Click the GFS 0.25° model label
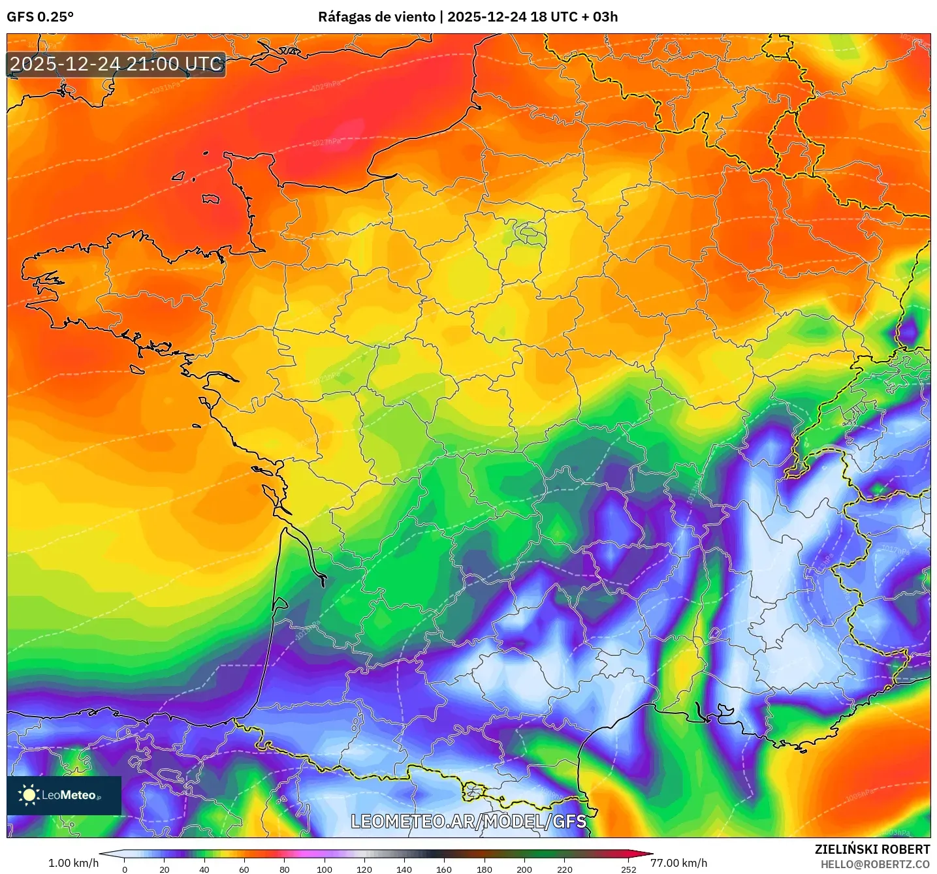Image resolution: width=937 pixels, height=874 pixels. pyautogui.click(x=40, y=17)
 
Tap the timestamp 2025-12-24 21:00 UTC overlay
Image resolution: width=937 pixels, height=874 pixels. pyautogui.click(x=116, y=64)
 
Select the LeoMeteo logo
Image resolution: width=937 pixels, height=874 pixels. pyautogui.click(x=64, y=795)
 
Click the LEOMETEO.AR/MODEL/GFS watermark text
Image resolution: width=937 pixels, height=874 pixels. pyautogui.click(x=468, y=821)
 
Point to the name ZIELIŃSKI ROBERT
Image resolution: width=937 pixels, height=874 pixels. pyautogui.click(x=872, y=849)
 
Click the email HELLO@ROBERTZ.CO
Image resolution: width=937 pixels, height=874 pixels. pyautogui.click(x=875, y=864)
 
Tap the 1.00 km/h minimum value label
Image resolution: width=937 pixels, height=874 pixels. pyautogui.click(x=73, y=863)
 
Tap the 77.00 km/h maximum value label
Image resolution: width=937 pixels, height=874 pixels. pyautogui.click(x=678, y=863)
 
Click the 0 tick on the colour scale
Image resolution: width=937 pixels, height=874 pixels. pyautogui.click(x=125, y=869)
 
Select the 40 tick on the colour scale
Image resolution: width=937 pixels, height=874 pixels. pyautogui.click(x=204, y=869)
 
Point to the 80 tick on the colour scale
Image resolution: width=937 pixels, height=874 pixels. pyautogui.click(x=285, y=869)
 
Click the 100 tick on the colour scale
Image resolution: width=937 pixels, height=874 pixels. pyautogui.click(x=325, y=869)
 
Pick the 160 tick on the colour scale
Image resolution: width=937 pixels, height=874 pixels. pyautogui.click(x=444, y=869)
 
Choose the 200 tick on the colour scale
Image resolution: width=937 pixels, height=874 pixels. pyautogui.click(x=524, y=869)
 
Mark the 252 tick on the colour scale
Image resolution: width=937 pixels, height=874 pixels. pyautogui.click(x=628, y=869)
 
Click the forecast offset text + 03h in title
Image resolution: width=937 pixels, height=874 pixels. pyautogui.click(x=600, y=17)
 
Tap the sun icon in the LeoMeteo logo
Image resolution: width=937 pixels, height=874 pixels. pyautogui.click(x=29, y=795)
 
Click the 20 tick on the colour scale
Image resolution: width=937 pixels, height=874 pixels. pyautogui.click(x=165, y=869)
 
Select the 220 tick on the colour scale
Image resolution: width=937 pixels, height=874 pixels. pyautogui.click(x=565, y=869)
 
